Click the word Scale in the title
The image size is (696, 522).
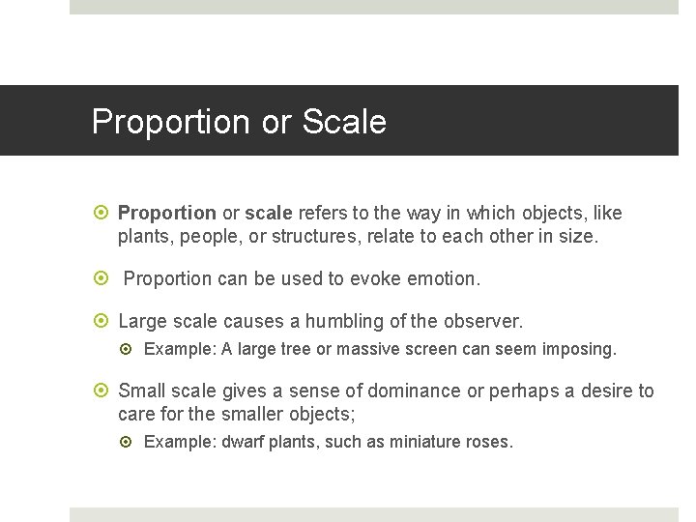344,122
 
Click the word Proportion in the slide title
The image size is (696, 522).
170,122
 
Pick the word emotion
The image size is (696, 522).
444,278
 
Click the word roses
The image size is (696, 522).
490,442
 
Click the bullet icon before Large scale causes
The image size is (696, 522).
104,321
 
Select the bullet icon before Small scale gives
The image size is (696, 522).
104,391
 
